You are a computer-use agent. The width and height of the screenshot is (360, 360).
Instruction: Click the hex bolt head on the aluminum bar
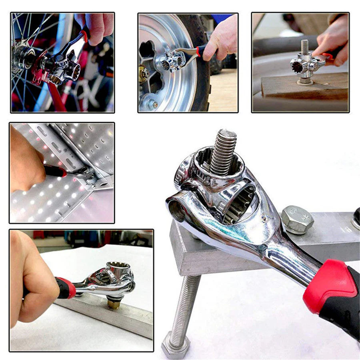coord(297,219)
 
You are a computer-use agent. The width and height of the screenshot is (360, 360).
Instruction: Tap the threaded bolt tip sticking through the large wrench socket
coord(224,151)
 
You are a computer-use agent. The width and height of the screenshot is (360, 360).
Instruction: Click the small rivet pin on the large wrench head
coord(263,218)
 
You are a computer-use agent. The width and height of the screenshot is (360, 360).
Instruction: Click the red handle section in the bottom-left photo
coord(66,288)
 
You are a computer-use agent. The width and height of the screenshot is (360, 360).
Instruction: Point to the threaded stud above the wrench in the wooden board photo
coord(305,47)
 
